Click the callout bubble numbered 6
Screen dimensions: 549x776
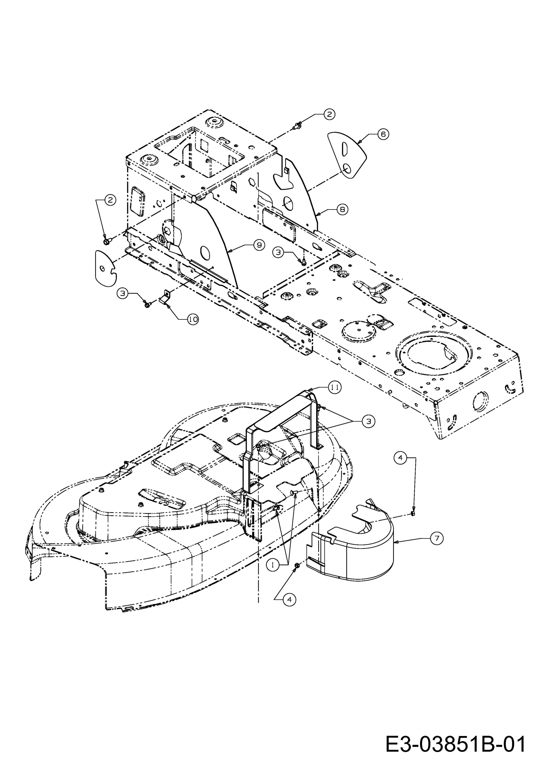pyautogui.click(x=383, y=134)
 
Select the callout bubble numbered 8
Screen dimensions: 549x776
pyautogui.click(x=343, y=210)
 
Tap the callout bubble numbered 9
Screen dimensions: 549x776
pyautogui.click(x=259, y=245)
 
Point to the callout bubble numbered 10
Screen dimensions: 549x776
pyautogui.click(x=193, y=319)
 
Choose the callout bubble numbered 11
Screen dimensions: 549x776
pyautogui.click(x=335, y=387)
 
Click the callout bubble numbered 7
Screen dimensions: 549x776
pyautogui.click(x=437, y=538)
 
